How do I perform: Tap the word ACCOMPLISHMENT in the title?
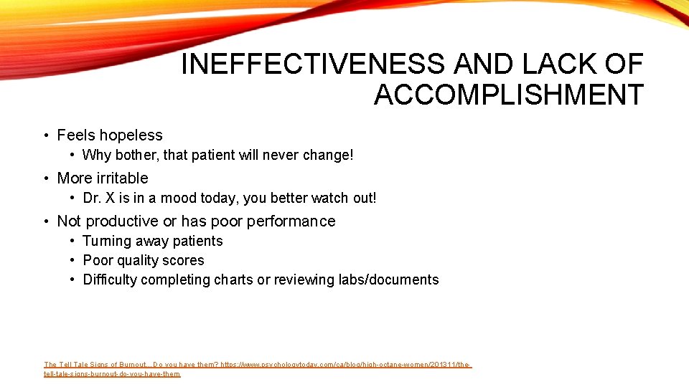click(x=508, y=95)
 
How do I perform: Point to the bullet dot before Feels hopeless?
click(x=45, y=135)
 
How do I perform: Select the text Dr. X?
click(x=100, y=199)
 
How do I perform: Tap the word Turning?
click(x=107, y=242)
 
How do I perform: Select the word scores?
click(x=184, y=261)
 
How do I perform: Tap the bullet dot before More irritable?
click(x=45, y=178)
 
